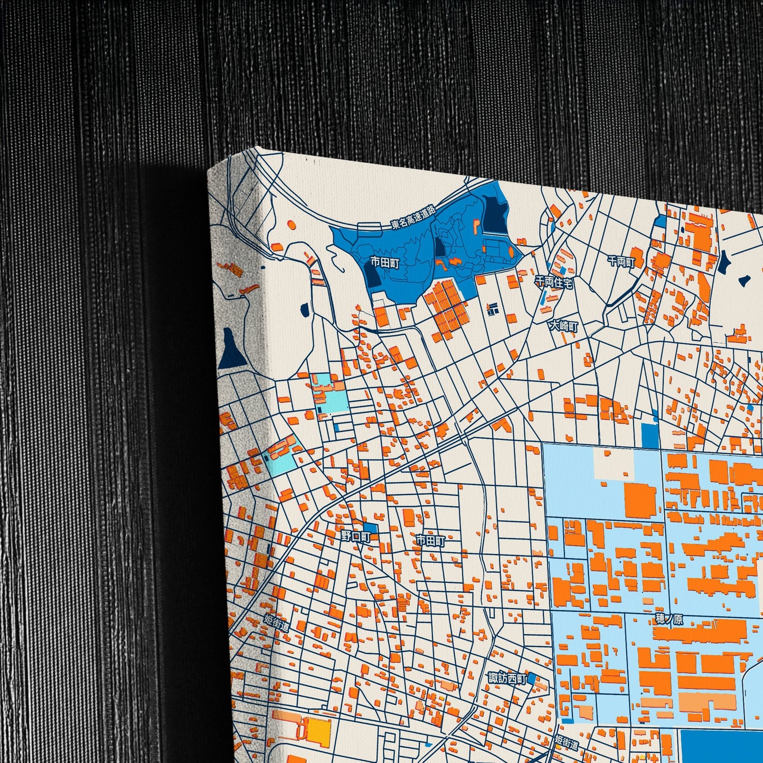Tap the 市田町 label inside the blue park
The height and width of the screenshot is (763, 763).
click(384, 262)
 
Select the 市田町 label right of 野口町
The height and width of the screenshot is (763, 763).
click(430, 541)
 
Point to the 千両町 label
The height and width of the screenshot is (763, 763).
click(621, 261)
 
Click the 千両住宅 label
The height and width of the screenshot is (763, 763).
click(554, 282)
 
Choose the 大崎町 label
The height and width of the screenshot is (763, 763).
click(563, 326)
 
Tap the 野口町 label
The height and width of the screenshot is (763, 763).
click(355, 536)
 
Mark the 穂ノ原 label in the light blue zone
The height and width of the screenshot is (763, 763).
click(669, 619)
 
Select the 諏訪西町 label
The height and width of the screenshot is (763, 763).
click(507, 678)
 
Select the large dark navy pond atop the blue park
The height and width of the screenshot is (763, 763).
click(496, 214)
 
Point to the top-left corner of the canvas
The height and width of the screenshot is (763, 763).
click(209, 170)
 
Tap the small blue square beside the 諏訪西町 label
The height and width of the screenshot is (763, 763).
click(531, 678)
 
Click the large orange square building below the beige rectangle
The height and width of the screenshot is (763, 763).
click(640, 499)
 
